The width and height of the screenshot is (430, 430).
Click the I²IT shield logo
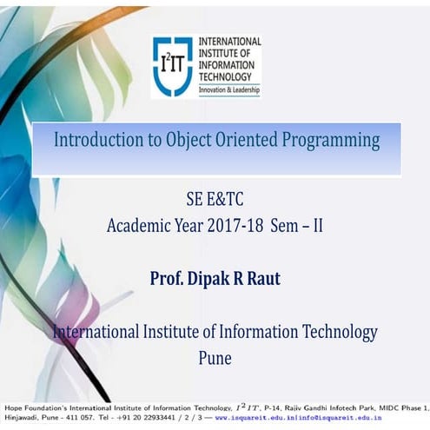(172, 67)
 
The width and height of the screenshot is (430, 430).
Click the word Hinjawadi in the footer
(21, 418)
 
